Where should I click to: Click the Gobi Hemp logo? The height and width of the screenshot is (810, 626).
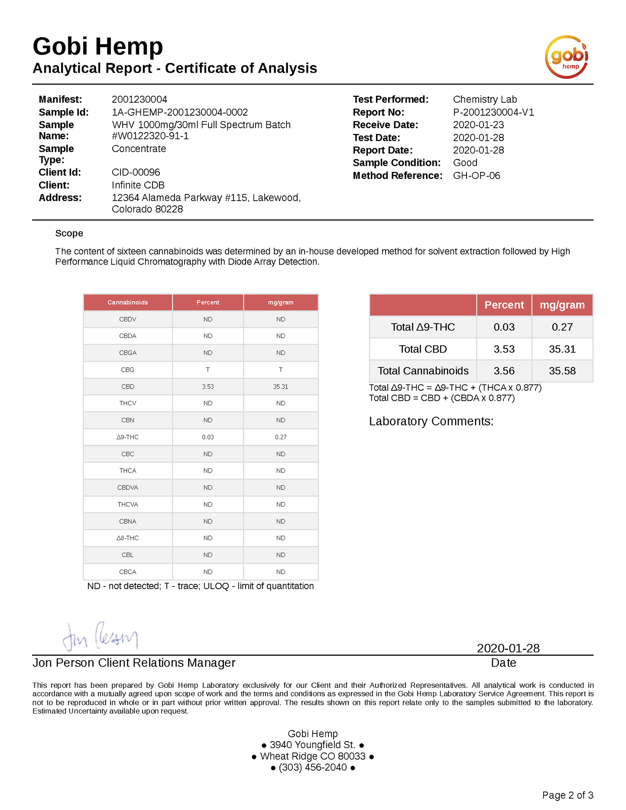(566, 57)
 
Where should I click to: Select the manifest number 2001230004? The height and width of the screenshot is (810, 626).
(139, 100)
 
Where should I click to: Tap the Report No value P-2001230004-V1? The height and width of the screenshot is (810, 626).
(493, 112)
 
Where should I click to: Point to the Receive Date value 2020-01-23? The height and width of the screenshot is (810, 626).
(478, 125)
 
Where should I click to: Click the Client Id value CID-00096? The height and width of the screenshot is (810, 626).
(136, 172)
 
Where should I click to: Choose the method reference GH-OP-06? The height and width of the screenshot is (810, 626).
(476, 176)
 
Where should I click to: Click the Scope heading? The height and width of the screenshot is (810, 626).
(69, 233)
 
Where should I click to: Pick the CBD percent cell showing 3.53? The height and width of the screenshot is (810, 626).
(208, 387)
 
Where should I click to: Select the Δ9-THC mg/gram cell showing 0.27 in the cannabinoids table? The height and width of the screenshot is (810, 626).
(280, 437)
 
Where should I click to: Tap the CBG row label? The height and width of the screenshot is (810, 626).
(127, 370)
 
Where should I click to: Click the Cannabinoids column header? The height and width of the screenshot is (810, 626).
(127, 302)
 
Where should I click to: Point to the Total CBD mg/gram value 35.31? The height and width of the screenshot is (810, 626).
(562, 349)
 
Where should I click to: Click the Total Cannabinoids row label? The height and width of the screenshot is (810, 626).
(423, 371)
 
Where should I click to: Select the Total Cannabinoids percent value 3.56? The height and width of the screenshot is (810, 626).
(504, 371)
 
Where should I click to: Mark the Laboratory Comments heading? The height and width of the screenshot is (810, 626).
(431, 421)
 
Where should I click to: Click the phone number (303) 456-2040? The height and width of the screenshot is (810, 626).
(312, 768)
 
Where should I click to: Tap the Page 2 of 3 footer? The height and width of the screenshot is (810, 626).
(567, 795)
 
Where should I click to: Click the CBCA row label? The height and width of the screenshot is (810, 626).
(127, 572)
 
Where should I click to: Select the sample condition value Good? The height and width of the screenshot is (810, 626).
(465, 163)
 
